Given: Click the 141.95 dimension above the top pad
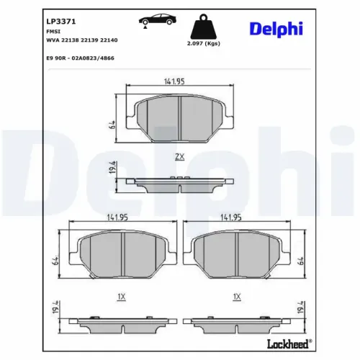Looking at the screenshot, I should click(x=174, y=81).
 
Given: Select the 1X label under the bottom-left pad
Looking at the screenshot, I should click(x=121, y=296).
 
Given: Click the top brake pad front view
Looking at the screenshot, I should click(x=179, y=116).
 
